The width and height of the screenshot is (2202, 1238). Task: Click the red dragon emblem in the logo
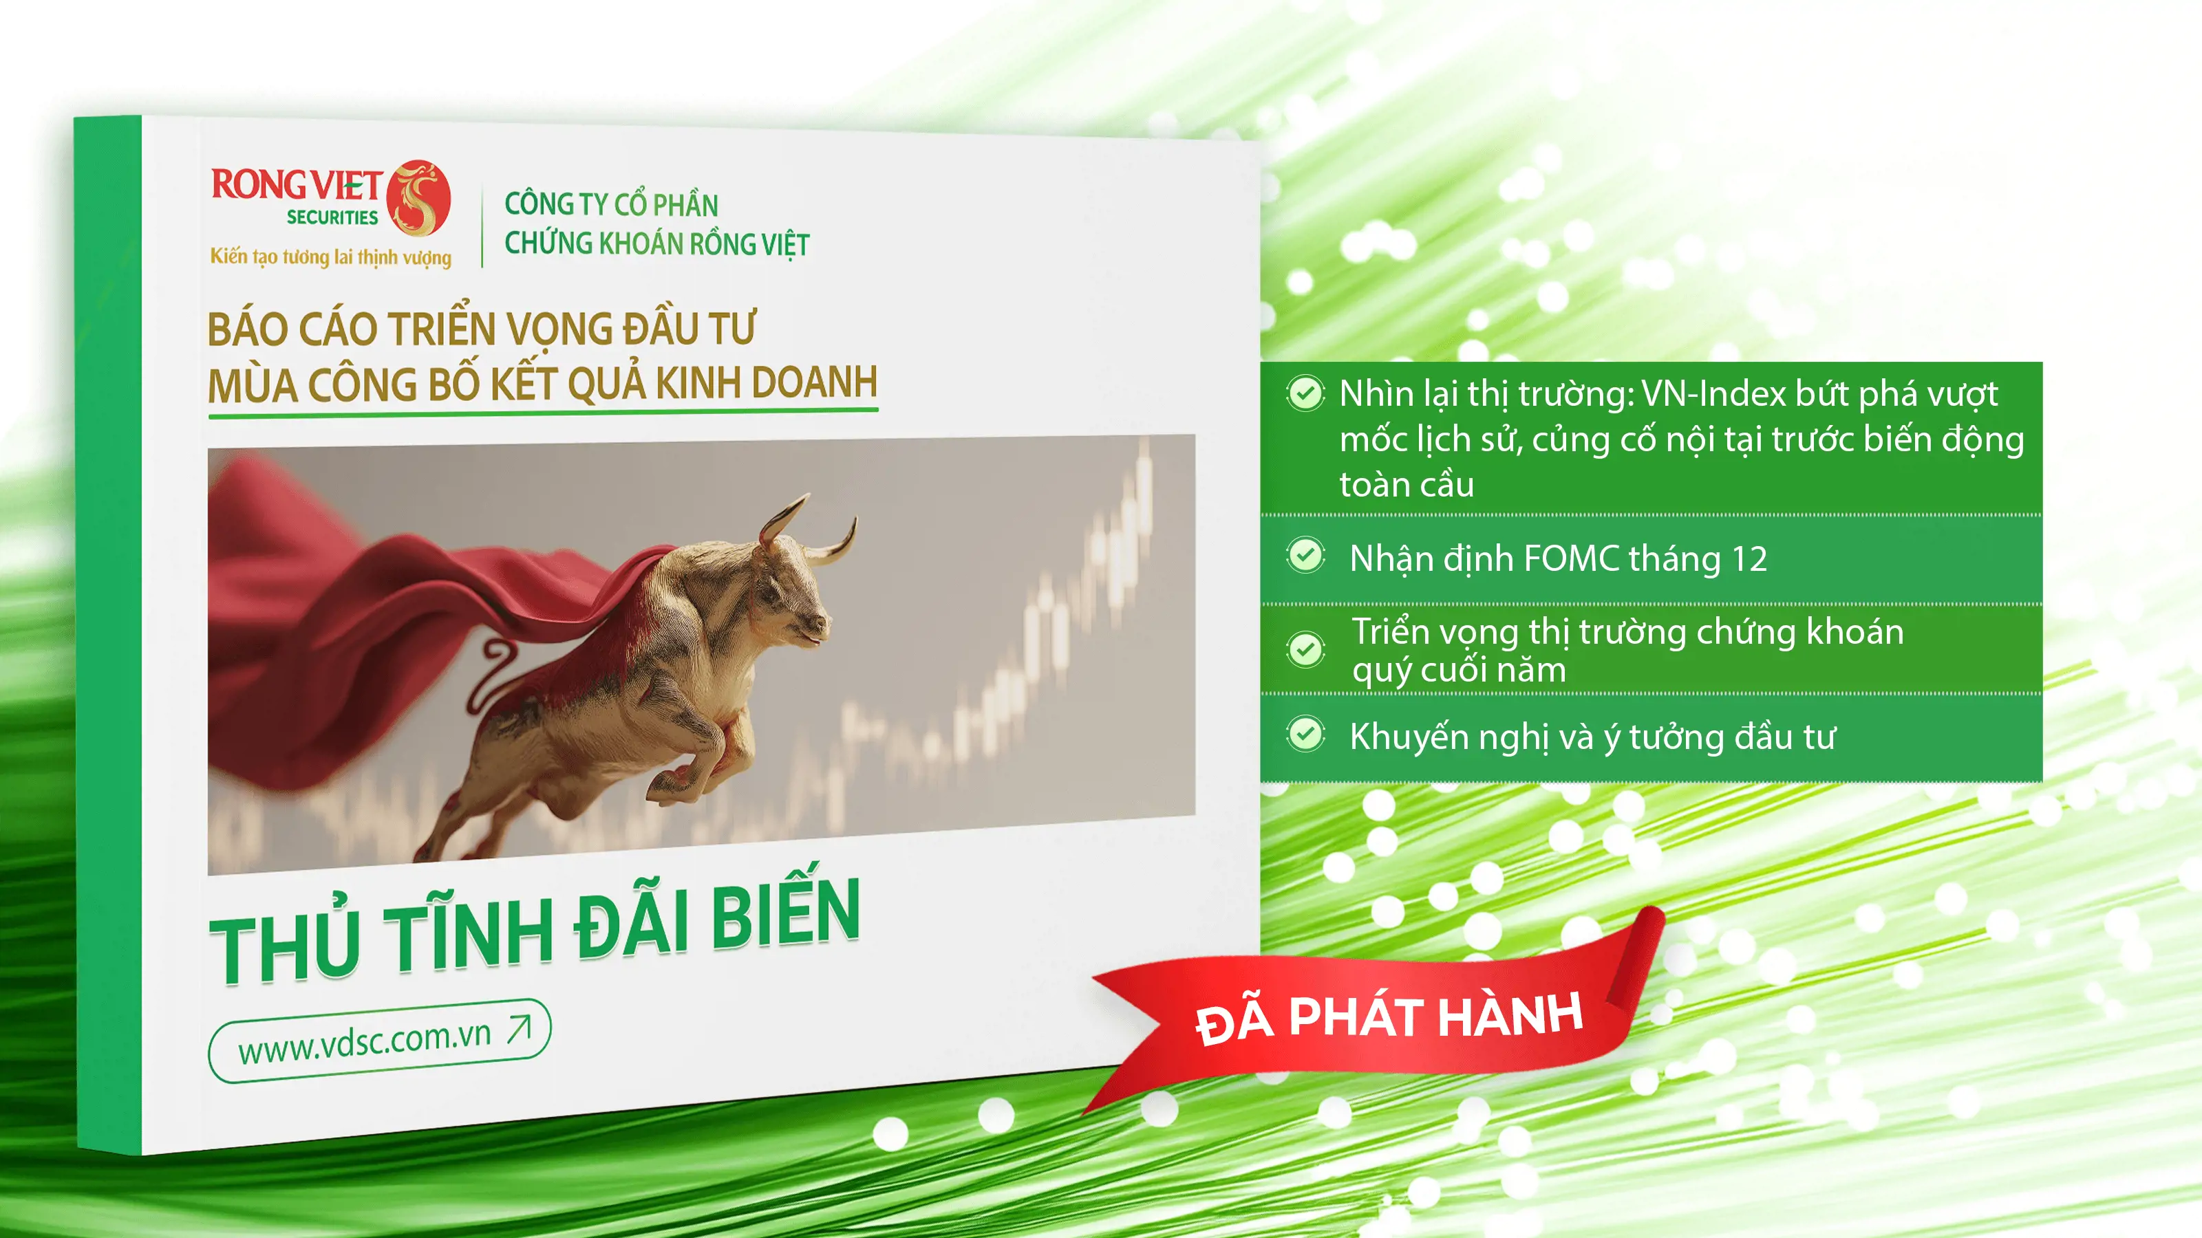(x=418, y=198)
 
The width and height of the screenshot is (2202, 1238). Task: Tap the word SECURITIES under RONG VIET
(x=332, y=218)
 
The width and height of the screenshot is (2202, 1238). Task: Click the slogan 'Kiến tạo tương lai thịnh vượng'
(x=331, y=257)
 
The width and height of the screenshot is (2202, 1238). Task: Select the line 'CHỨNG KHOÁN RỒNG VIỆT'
(x=656, y=243)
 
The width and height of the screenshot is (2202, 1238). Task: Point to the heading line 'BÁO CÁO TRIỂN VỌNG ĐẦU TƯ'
(x=481, y=329)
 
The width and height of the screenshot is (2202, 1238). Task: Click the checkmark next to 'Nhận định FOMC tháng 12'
(x=1305, y=555)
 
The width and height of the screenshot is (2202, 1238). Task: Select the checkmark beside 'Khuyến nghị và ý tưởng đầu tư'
(x=1305, y=734)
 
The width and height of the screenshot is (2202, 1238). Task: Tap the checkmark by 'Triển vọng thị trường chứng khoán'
(x=1305, y=650)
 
